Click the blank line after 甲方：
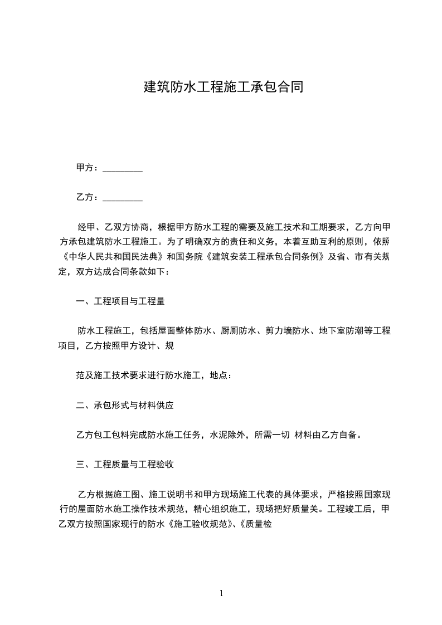(123, 168)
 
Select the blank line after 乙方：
(123, 198)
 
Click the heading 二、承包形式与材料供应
(125, 406)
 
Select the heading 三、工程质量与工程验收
(125, 464)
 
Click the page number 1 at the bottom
(221, 593)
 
